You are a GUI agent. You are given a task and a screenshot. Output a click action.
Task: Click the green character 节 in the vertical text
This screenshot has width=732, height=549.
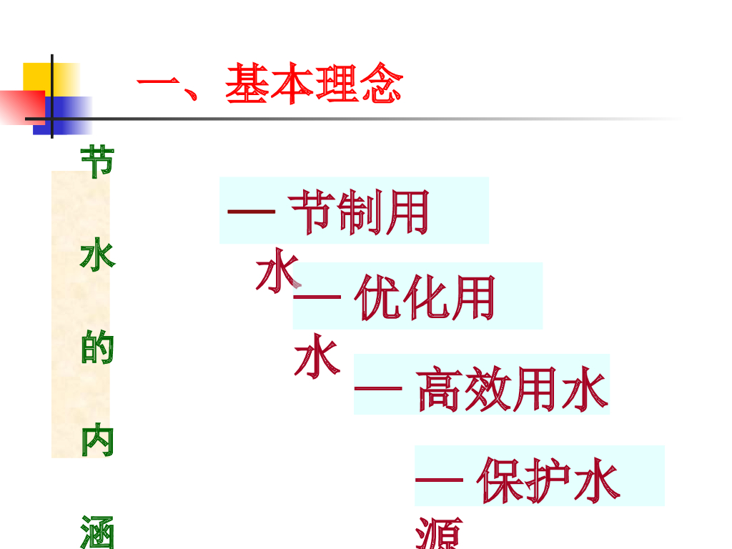point(96,163)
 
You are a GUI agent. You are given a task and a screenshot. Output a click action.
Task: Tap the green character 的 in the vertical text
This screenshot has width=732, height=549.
point(96,348)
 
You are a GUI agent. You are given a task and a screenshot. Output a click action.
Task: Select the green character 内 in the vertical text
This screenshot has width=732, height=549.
point(96,442)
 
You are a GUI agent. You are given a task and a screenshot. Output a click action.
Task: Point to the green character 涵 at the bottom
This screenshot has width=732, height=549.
point(96,532)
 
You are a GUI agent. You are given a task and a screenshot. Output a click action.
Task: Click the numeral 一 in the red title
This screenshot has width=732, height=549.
point(157,86)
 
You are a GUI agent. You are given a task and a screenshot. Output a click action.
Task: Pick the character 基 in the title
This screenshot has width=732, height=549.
point(247,84)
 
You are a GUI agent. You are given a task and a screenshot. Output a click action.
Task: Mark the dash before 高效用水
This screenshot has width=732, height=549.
point(378,390)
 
